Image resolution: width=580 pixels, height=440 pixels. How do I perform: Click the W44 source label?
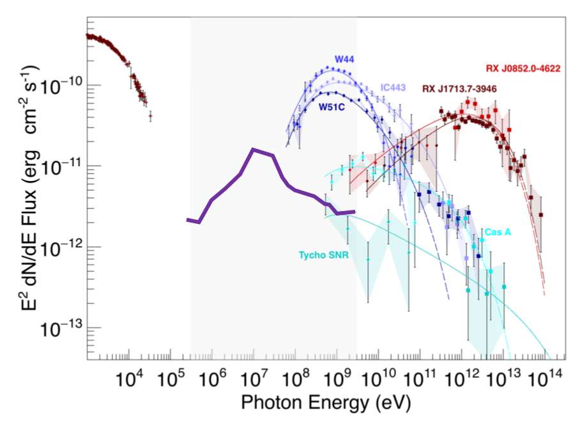344,59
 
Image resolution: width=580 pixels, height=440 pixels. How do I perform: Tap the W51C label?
332,107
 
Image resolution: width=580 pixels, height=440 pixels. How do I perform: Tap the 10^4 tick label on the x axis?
130,379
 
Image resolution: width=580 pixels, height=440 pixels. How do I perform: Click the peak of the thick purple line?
254,150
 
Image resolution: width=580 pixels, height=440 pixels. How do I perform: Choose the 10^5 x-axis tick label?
171,379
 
